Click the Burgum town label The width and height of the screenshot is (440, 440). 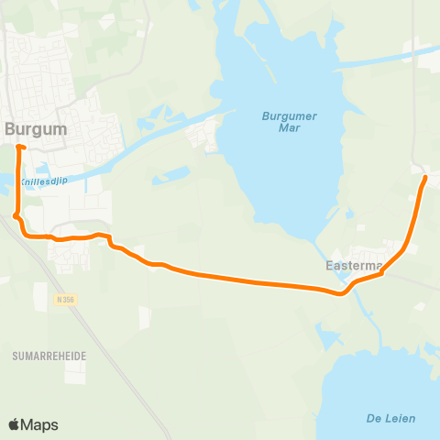[x=36, y=129]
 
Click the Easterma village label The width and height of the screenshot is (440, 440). [x=354, y=266]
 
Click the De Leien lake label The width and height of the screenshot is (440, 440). [x=390, y=418]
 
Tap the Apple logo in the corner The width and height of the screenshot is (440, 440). [x=15, y=424]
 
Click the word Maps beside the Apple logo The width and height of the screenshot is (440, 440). [x=39, y=424]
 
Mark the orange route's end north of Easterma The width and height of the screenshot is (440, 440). [x=426, y=178]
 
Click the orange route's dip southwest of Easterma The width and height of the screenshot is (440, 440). [x=341, y=293]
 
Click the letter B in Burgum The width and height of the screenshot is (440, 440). [x=11, y=129]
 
